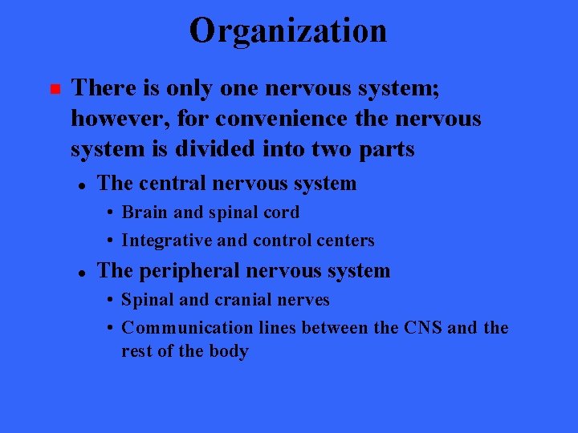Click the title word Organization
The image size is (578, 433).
(x=288, y=31)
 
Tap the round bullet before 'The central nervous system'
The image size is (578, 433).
(x=82, y=184)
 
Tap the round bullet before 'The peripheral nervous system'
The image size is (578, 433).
(x=82, y=273)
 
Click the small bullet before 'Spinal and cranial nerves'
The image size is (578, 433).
(x=110, y=301)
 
